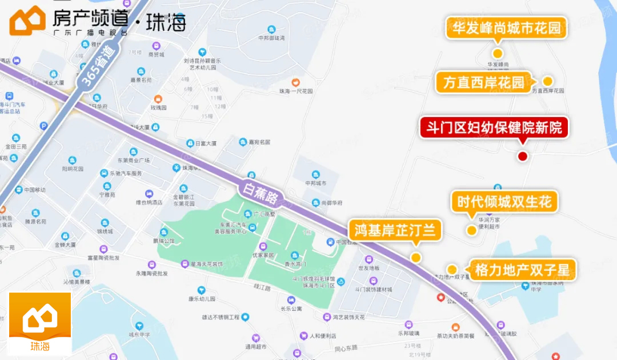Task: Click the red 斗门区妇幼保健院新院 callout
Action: [495, 127]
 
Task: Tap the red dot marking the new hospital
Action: [522, 156]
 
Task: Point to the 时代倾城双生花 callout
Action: [504, 202]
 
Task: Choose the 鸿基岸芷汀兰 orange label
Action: [395, 230]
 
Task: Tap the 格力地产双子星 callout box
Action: [522, 269]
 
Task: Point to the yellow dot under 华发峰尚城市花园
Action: [498, 53]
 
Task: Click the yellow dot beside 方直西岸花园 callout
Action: [547, 81]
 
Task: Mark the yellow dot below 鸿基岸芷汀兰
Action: [416, 257]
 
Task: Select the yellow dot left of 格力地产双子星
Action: [452, 269]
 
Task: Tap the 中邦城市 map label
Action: [315, 183]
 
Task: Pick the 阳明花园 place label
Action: [73, 169]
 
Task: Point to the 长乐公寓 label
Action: [291, 309]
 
